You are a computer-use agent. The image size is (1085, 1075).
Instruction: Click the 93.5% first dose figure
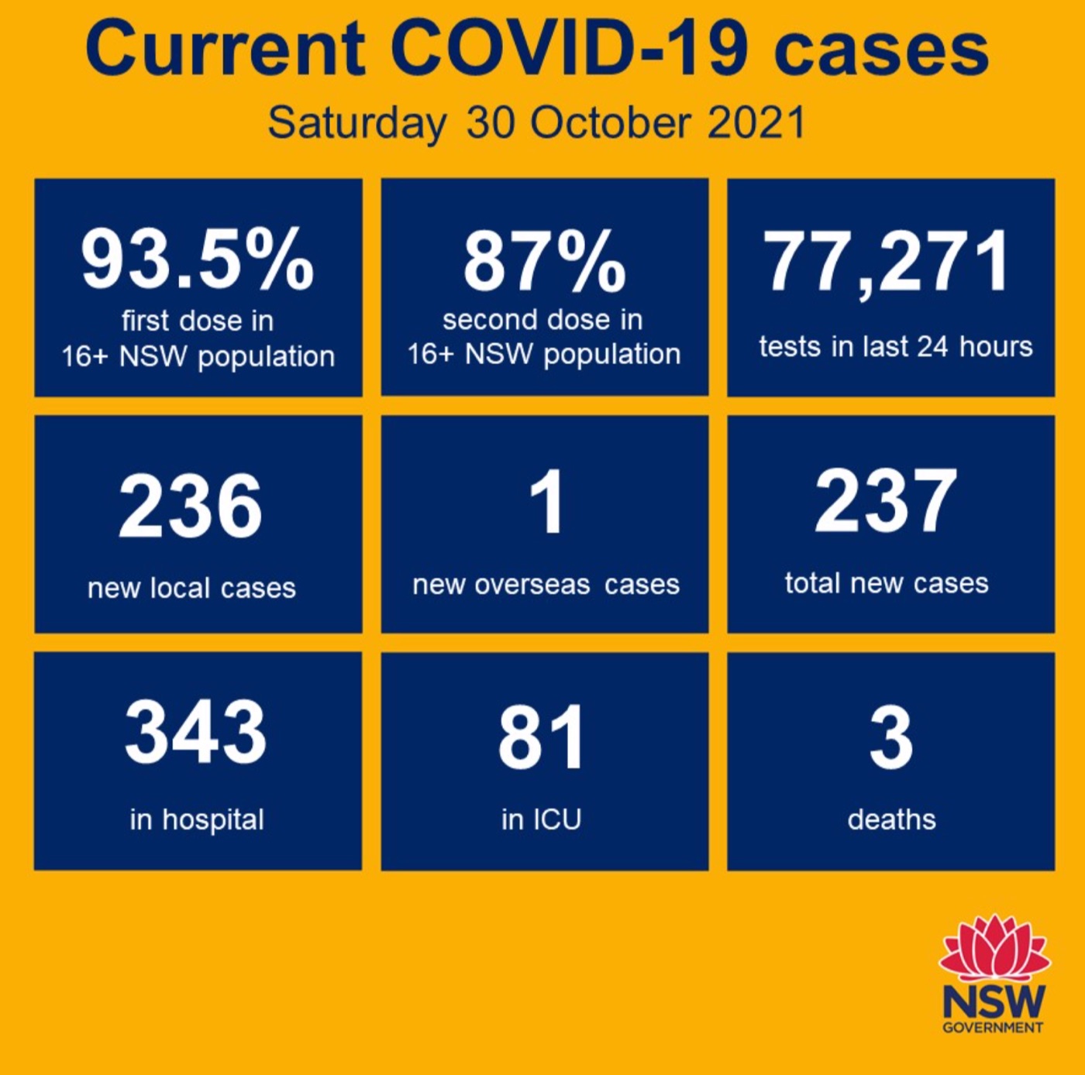point(198,259)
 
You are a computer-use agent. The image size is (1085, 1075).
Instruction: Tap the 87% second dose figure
point(544,261)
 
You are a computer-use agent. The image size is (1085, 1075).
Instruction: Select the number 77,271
point(887,263)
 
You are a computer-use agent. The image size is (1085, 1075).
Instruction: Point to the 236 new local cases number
point(191,507)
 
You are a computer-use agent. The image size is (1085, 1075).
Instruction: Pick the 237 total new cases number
point(886,502)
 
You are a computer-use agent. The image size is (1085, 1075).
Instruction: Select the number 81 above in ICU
point(541,737)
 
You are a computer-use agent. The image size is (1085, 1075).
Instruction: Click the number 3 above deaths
point(891,737)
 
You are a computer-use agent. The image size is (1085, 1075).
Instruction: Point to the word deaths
point(891,819)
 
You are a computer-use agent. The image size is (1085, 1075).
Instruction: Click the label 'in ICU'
point(541,819)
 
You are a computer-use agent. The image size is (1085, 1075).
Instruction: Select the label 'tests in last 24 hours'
point(895,346)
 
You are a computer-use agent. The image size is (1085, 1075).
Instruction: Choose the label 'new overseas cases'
point(546,585)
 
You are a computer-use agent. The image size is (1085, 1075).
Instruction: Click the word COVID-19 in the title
point(570,48)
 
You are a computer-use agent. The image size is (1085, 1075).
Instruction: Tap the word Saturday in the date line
point(356,122)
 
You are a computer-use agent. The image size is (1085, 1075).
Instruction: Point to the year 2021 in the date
point(756,122)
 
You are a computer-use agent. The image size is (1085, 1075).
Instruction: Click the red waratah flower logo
point(994,949)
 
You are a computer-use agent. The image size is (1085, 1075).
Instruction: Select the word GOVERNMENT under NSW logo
point(993,1028)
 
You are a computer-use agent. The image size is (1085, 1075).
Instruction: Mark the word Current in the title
point(225,48)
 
